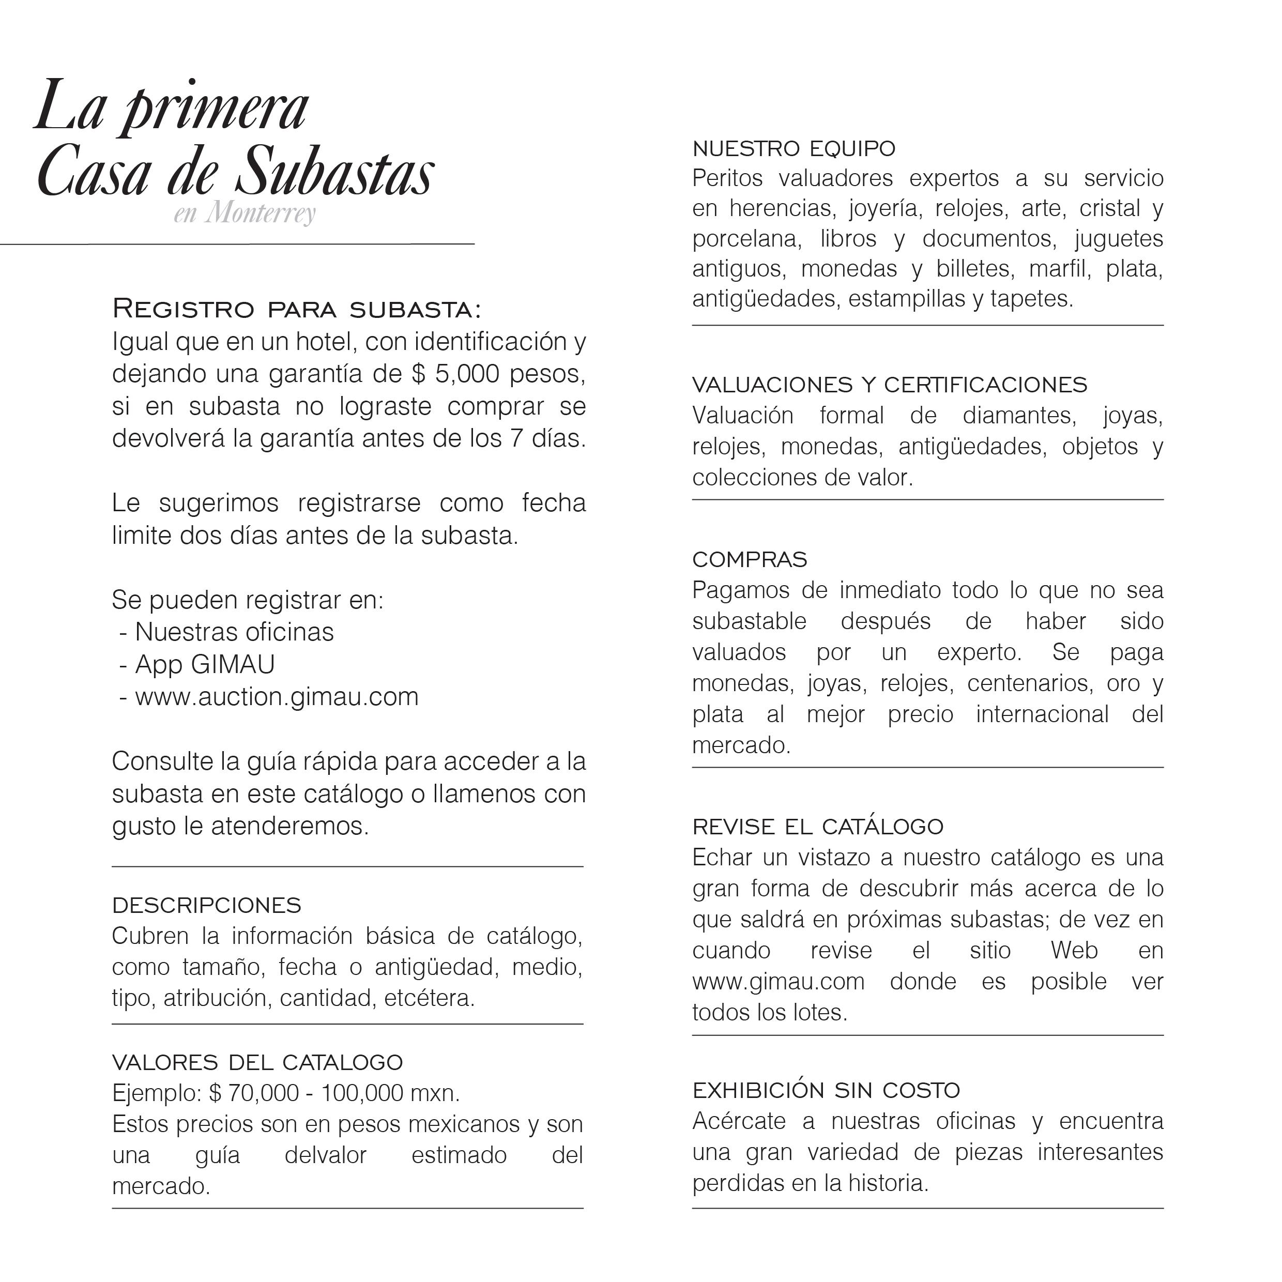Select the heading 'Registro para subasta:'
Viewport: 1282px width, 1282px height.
[x=297, y=309]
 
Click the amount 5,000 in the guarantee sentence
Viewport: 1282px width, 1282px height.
[x=467, y=374]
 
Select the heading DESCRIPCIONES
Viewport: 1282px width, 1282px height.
[x=206, y=905]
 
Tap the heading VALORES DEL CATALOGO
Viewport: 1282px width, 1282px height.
[x=257, y=1062]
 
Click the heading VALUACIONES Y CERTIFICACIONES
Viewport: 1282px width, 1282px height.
[x=890, y=385]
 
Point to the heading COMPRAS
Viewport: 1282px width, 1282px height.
[x=750, y=559]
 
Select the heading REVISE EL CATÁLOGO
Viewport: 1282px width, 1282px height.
[x=817, y=827]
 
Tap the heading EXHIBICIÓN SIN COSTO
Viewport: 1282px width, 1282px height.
[x=826, y=1090]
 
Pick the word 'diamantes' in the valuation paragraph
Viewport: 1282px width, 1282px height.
[x=1018, y=416]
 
